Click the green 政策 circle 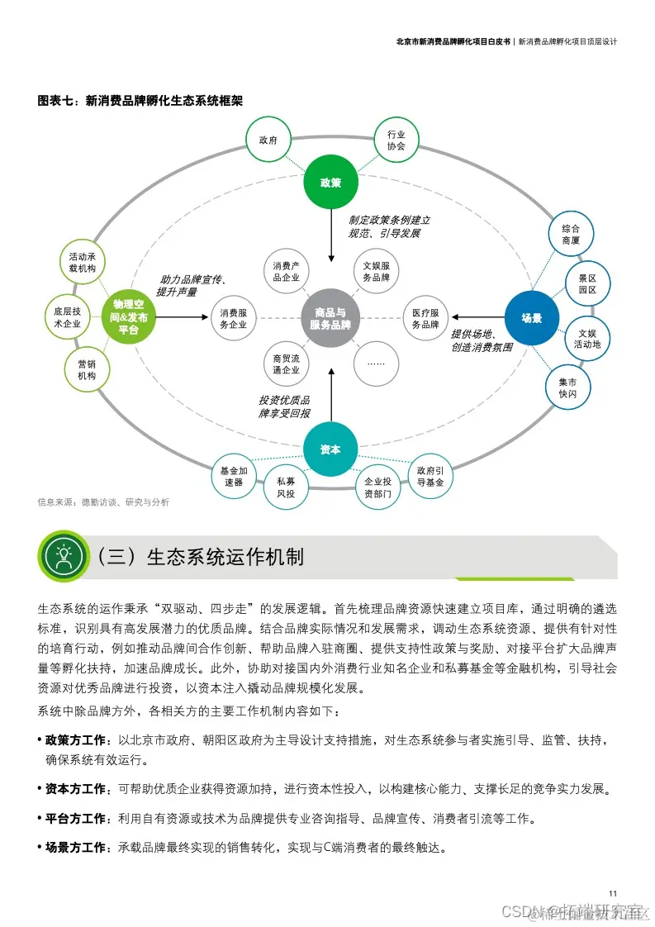pyautogui.click(x=330, y=183)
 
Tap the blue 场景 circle pyautogui.click(x=531, y=317)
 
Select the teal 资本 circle pyautogui.click(x=330, y=449)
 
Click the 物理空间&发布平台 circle pyautogui.click(x=128, y=317)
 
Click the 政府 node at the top pyautogui.click(x=268, y=140)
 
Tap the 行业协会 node pyautogui.click(x=396, y=140)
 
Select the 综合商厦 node pyautogui.click(x=571, y=234)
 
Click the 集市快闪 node pyautogui.click(x=567, y=388)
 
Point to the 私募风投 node pyautogui.click(x=286, y=487)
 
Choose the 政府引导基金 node pyautogui.click(x=430, y=476)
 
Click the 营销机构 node pyautogui.click(x=87, y=369)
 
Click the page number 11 pyautogui.click(x=612, y=894)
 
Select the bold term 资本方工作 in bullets pyautogui.click(x=77, y=790)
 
